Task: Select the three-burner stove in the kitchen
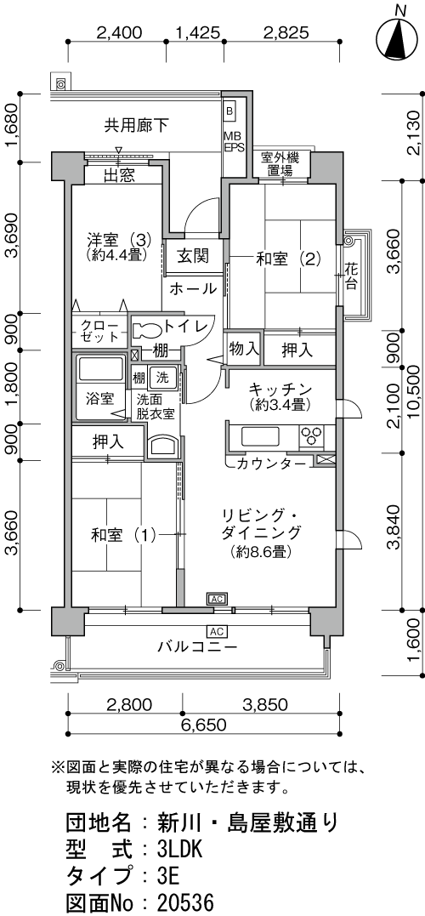(x=310, y=436)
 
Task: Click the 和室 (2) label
(x=288, y=259)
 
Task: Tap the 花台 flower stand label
(x=351, y=277)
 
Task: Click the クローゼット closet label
(x=99, y=331)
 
